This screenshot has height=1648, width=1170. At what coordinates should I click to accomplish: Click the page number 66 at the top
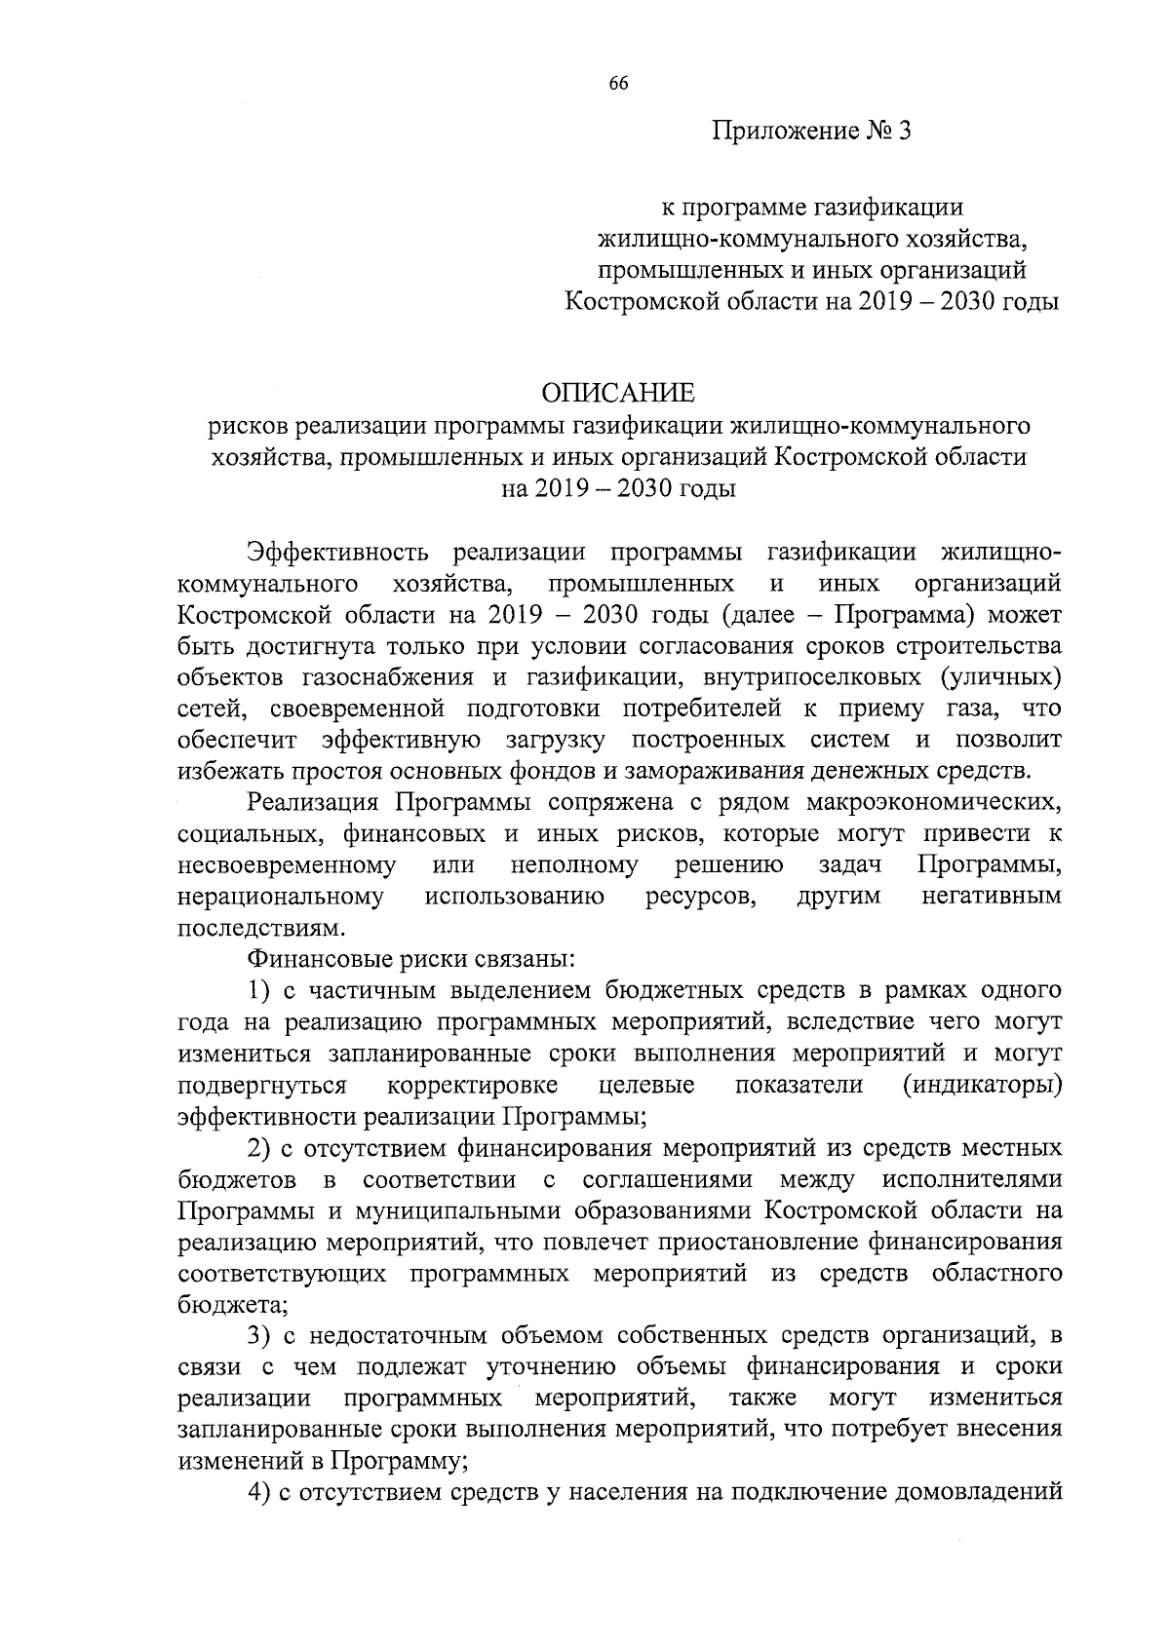[618, 84]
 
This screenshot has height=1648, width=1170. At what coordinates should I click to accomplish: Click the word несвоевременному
[288, 864]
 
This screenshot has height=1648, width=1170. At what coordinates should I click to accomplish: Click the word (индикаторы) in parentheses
[982, 1085]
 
